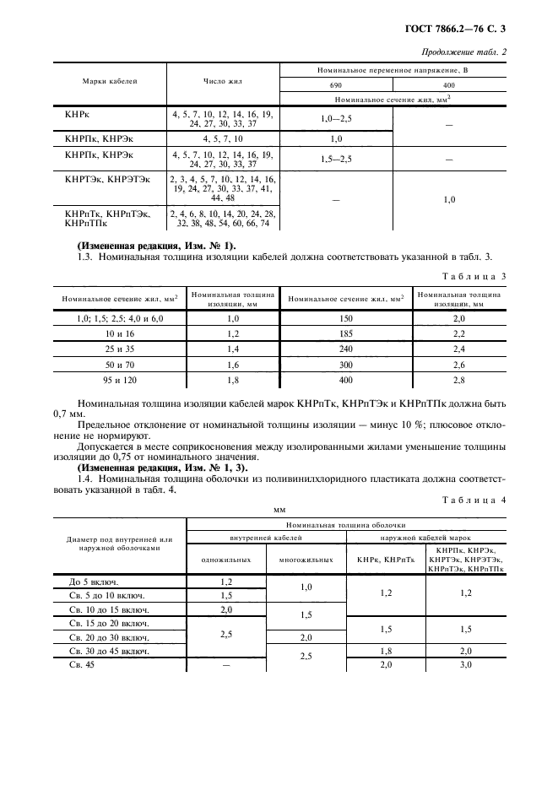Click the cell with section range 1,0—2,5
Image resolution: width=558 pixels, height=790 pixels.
click(336, 119)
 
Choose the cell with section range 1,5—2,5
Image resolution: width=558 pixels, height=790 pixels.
click(336, 158)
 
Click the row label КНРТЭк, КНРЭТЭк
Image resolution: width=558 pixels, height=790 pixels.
click(107, 180)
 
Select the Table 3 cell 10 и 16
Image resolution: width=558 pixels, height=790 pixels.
click(117, 334)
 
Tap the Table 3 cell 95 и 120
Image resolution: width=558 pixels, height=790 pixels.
click(117, 381)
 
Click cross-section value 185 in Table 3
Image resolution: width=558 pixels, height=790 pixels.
click(345, 334)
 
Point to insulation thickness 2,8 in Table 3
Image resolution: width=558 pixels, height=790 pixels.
click(458, 381)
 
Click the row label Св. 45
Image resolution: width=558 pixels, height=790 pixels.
click(83, 666)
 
